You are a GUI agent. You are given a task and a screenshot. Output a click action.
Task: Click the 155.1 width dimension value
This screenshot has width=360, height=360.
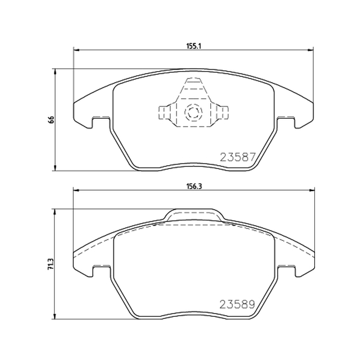[193, 46]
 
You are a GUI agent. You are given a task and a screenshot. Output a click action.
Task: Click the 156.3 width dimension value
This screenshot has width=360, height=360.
[194, 187]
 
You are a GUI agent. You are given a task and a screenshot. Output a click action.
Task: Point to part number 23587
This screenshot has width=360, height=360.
[238, 157]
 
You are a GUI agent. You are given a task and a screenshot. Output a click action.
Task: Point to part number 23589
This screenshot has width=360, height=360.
[238, 305]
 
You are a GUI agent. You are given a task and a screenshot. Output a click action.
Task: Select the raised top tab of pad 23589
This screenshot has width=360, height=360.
[193, 216]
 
